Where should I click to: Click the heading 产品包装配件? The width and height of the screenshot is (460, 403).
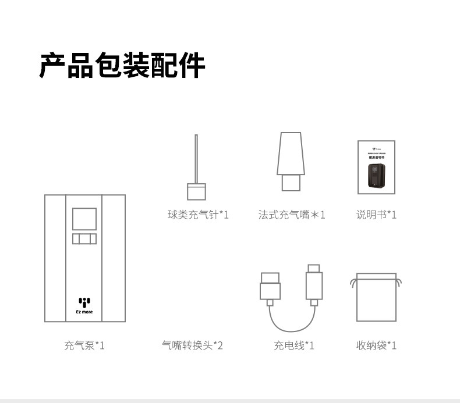pos(122,65)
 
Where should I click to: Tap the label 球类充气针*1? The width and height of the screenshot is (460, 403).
pos(198,215)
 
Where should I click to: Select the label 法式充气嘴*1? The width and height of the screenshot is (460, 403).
pos(292,215)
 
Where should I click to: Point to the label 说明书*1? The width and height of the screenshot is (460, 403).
pos(376,215)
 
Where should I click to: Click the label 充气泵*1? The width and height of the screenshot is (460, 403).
pos(84,346)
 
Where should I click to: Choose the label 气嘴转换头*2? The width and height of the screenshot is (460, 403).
pos(192,346)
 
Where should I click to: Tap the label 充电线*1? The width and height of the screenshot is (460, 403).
pos(294,346)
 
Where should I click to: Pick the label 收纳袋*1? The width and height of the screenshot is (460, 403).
pos(376,346)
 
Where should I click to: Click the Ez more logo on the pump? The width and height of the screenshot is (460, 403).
pos(85,305)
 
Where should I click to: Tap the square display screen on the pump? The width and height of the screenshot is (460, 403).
pos(84,219)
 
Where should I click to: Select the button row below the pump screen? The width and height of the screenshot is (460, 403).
pos(84,239)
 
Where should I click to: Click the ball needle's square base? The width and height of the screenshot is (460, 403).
pos(196,192)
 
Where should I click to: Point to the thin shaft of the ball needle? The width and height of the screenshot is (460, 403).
pos(196,157)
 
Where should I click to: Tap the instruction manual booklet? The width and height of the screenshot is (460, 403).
pos(376,167)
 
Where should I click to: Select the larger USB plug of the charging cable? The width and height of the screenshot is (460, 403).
pos(270,286)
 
